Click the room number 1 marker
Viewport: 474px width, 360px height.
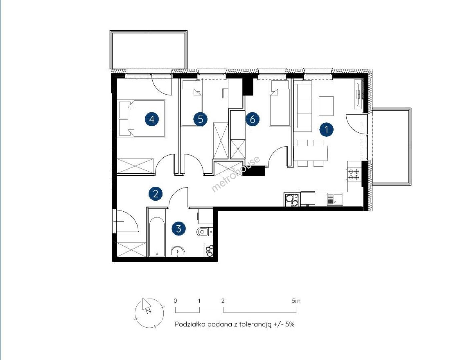(327, 130)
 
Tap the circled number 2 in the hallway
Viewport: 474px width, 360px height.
(155, 193)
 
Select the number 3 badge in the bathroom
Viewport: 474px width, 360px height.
(179, 228)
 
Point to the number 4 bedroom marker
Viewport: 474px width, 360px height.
(152, 119)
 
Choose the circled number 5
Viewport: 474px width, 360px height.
(200, 119)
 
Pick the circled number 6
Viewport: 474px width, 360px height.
(252, 119)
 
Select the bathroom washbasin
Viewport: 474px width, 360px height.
(178, 252)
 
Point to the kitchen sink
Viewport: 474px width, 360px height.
(334, 199)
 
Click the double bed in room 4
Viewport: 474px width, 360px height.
(142, 118)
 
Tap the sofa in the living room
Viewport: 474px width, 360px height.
(303, 108)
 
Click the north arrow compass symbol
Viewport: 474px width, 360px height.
(149, 313)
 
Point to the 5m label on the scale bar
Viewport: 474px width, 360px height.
(296, 301)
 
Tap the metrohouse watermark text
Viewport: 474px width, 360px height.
(236, 174)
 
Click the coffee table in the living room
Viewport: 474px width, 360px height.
(326, 106)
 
